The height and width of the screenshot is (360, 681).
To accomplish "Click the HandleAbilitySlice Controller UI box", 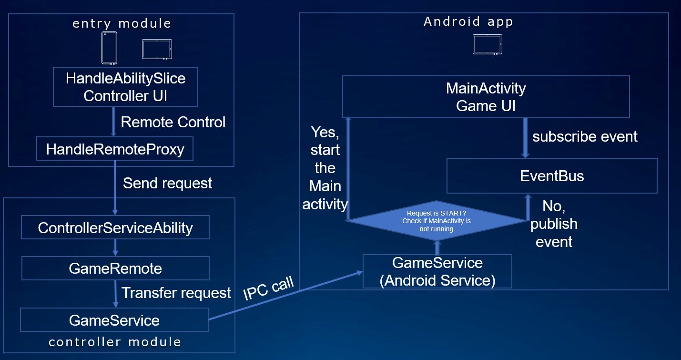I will point(125,87).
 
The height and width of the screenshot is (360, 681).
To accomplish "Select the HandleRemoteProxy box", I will point(115,149).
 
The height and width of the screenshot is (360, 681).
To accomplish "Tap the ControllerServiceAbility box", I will point(115,228).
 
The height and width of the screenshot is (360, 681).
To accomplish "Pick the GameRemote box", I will point(115,268).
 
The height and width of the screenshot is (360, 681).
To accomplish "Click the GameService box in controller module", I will point(114,320).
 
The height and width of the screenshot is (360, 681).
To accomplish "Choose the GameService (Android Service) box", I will point(437,271).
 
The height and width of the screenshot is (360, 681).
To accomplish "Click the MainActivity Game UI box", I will point(486,97).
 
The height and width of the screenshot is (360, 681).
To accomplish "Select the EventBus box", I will point(551,176).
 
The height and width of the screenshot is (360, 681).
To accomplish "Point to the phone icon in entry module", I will point(109,48).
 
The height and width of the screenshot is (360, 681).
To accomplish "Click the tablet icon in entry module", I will point(157,49).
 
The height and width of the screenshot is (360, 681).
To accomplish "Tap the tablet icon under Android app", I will point(487,44).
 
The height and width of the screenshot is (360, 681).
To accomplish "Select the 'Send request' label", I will point(167,183).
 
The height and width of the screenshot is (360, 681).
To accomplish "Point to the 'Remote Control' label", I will point(173,122).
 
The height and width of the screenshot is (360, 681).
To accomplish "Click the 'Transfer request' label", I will point(176,293).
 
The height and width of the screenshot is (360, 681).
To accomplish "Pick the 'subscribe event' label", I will point(585,137).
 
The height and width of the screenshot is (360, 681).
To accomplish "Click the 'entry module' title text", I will point(122,23).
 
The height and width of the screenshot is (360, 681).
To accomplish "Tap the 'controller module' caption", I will point(115,342).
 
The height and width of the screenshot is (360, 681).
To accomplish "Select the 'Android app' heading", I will point(468,21).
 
